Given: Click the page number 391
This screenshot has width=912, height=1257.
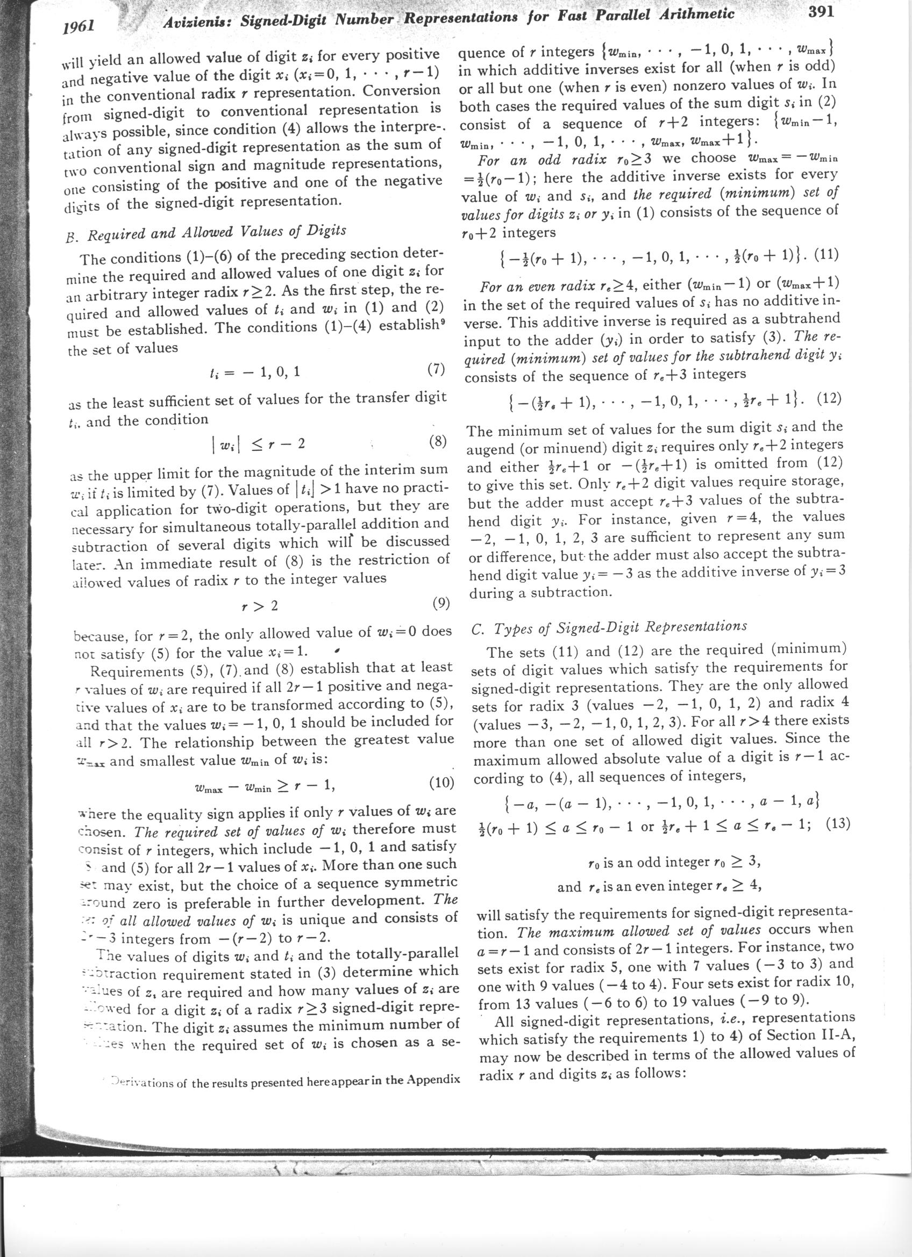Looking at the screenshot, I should [822, 12].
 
